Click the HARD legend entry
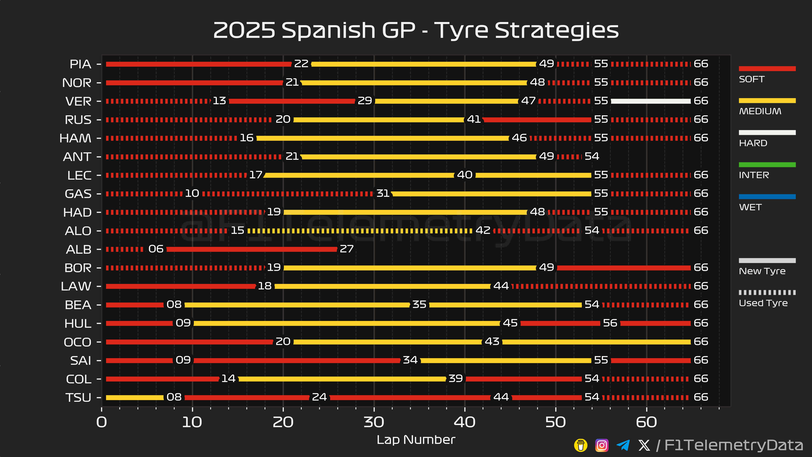pos(753,143)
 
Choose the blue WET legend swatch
pos(767,197)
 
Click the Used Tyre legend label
pos(763,303)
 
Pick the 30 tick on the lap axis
pos(374,422)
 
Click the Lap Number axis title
pos(416,440)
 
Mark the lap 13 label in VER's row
pos(219,101)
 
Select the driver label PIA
pos(80,64)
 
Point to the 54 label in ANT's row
pos(592,156)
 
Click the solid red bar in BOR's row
pos(624,268)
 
